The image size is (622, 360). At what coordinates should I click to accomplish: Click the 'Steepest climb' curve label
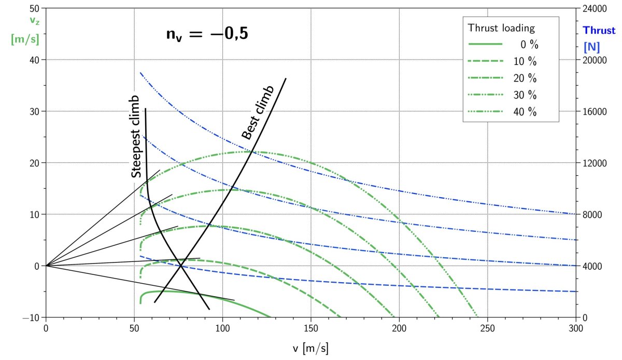pos(136,137)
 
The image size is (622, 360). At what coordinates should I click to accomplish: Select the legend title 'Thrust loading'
pos(501,27)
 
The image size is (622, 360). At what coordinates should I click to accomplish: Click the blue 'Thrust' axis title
pos(599,31)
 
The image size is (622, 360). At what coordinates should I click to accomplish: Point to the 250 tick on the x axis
pos(487,328)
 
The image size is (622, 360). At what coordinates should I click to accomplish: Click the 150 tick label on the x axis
pos(311,328)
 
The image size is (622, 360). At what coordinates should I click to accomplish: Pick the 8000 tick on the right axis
pos(591,215)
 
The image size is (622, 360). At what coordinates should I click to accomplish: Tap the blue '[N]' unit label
pos(591,47)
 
